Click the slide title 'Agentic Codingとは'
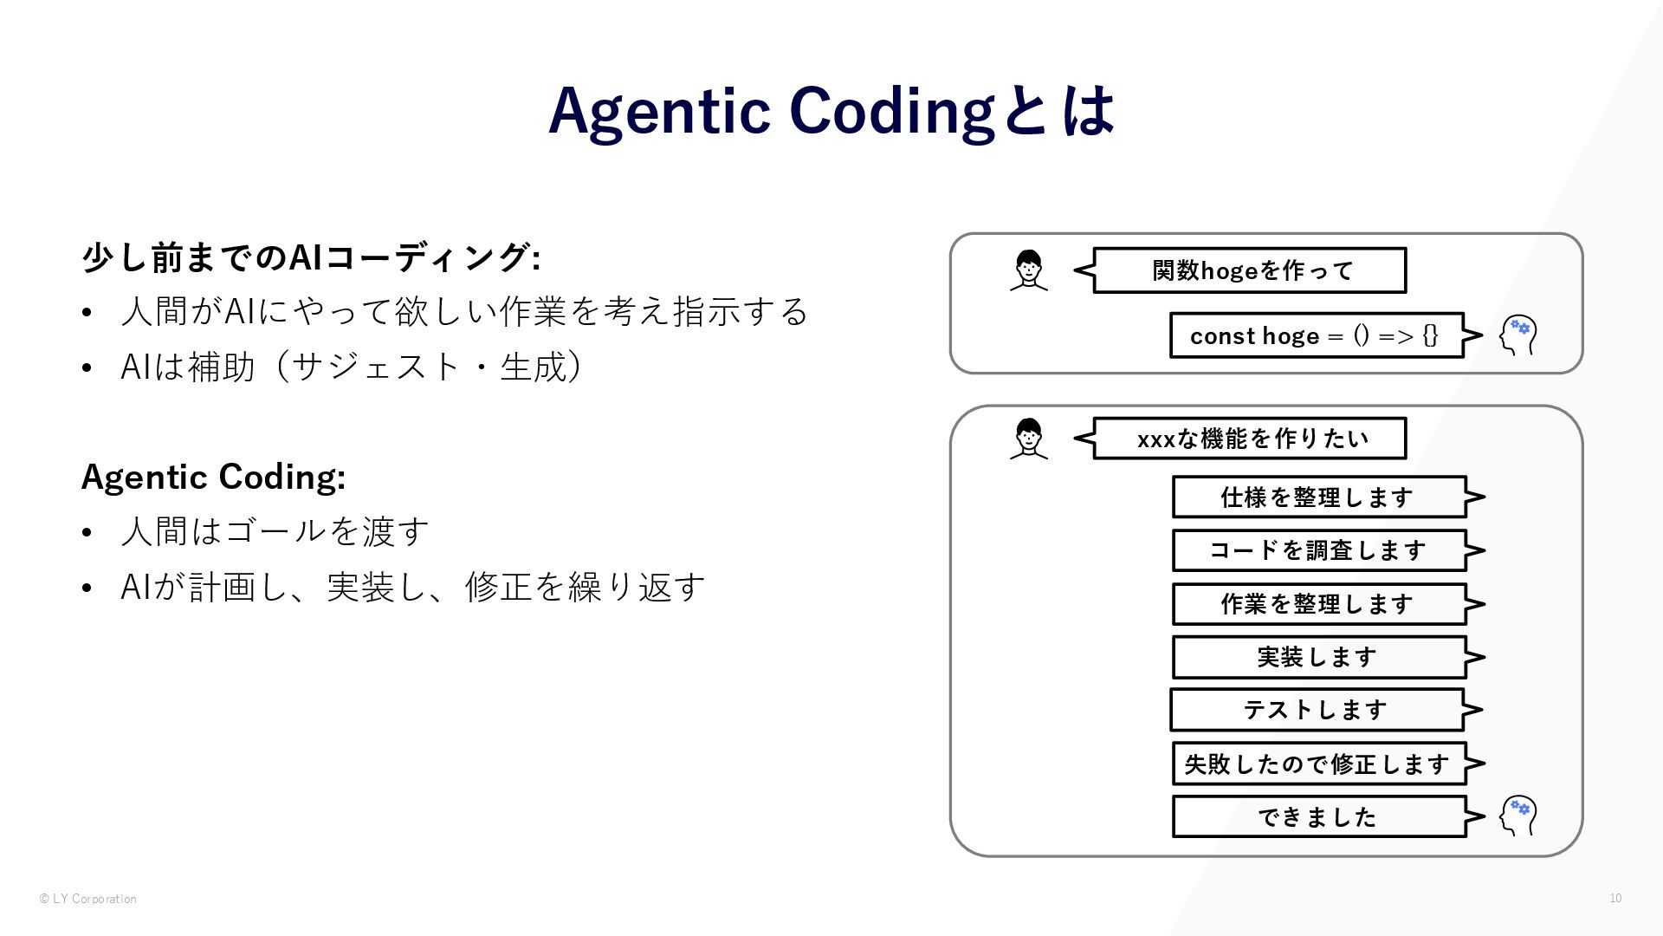(x=831, y=111)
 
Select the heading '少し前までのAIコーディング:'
(x=311, y=257)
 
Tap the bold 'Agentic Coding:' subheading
(x=213, y=477)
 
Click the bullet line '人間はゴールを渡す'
(x=275, y=531)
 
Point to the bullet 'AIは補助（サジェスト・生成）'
(x=351, y=367)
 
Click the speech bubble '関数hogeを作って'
(x=1249, y=270)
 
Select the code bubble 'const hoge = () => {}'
(x=1316, y=335)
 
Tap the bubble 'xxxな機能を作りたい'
(x=1249, y=439)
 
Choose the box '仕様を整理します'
(x=1318, y=497)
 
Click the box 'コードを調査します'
(x=1318, y=550)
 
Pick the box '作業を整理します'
(x=1318, y=604)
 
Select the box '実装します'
(x=1318, y=657)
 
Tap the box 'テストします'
(x=1317, y=710)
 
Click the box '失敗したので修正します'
(x=1318, y=764)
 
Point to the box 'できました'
(x=1318, y=816)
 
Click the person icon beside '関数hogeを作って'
(x=1029, y=270)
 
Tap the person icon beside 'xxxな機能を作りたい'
(x=1029, y=439)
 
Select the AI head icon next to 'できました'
(x=1517, y=816)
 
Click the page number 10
(x=1615, y=898)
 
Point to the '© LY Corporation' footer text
(x=88, y=899)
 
